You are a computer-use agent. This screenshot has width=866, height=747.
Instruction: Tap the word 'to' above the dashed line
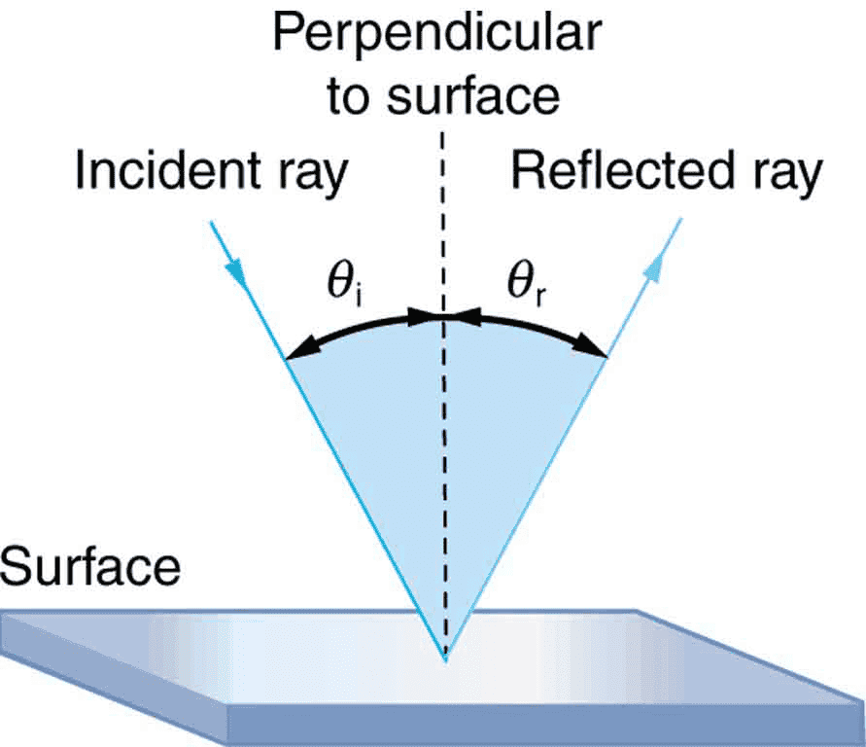346,95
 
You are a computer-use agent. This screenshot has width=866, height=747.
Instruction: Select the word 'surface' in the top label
472,95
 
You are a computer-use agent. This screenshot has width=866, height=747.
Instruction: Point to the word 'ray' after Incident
313,177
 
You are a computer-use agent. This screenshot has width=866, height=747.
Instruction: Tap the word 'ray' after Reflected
788,177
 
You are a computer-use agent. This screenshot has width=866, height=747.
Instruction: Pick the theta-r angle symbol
526,285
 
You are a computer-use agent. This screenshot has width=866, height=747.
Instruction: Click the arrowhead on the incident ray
234,271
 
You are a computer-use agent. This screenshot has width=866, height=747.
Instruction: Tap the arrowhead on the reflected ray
653,269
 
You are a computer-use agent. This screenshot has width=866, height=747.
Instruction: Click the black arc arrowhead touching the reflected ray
592,347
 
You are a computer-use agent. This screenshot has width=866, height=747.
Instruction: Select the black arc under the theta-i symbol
360,326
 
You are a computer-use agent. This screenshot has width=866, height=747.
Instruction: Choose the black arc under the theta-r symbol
532,326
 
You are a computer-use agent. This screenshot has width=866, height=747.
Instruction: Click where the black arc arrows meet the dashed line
443,316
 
